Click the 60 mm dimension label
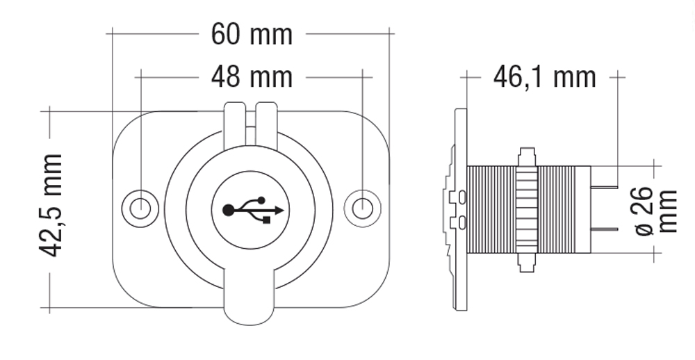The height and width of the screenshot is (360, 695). (252, 35)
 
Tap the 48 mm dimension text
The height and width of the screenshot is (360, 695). (252, 78)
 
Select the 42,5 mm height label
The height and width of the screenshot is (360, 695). (51, 205)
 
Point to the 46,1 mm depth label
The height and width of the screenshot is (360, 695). (544, 78)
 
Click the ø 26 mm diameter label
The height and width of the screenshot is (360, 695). (656, 211)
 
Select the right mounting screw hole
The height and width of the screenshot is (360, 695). (362, 208)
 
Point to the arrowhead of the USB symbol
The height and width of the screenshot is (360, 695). (279, 210)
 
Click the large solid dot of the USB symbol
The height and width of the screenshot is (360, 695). (228, 210)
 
